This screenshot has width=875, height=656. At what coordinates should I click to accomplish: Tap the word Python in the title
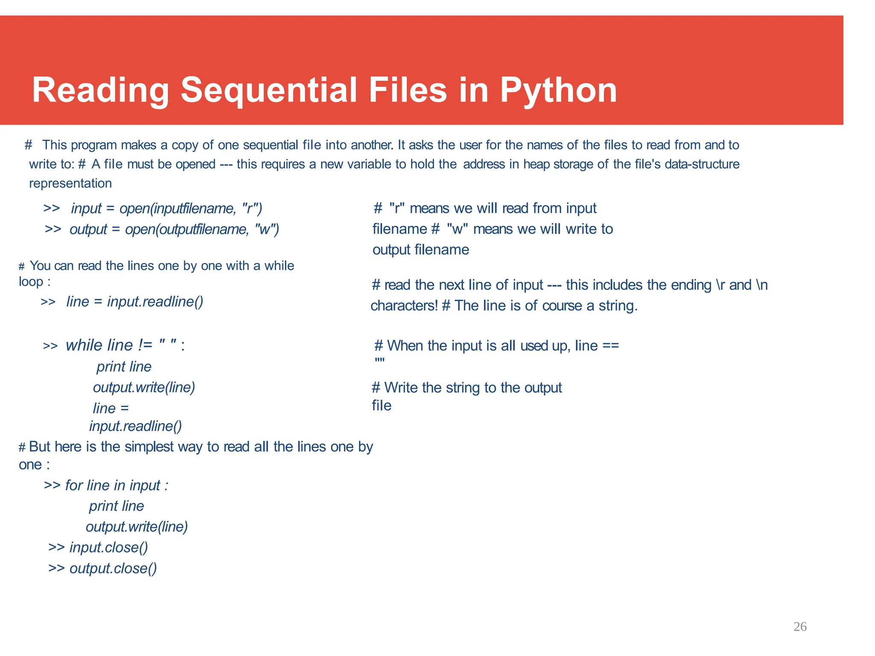(558, 91)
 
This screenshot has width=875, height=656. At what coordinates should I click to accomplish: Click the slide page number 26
(800, 627)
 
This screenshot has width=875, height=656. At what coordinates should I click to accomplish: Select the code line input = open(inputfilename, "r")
(166, 208)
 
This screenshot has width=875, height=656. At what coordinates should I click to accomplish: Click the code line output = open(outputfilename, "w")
(174, 229)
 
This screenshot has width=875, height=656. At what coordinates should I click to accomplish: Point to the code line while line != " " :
(125, 345)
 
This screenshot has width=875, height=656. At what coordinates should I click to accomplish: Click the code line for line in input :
(116, 485)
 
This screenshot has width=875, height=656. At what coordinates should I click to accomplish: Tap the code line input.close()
(109, 548)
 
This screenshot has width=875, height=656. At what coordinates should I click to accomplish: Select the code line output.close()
(113, 568)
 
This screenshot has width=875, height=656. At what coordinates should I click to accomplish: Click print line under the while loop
(124, 366)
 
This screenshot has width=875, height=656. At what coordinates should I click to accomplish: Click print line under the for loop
(116, 506)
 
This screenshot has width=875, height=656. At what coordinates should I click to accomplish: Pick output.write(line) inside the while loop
(144, 387)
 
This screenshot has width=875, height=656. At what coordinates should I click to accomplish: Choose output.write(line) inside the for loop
(137, 527)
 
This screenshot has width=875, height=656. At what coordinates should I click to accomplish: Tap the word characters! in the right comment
(404, 306)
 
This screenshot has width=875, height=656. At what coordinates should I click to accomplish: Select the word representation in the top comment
(70, 183)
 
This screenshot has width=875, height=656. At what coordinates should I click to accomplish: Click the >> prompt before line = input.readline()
(48, 302)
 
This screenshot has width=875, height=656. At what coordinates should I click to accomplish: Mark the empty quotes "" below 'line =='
(379, 361)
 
